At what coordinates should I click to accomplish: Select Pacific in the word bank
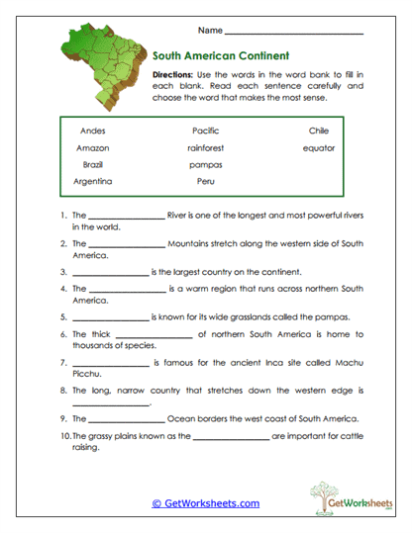click(205, 131)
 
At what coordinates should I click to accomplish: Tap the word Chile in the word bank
click(319, 131)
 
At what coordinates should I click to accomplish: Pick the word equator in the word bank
click(319, 148)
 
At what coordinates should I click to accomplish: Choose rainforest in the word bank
click(205, 148)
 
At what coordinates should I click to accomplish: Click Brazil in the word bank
click(92, 164)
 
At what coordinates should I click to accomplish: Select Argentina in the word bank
click(92, 182)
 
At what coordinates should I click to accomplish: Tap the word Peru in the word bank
click(205, 182)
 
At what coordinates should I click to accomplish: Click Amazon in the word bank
click(92, 148)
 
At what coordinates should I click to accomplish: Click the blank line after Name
click(294, 33)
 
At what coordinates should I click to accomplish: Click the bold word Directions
click(176, 75)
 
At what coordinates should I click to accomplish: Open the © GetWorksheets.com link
click(205, 503)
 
